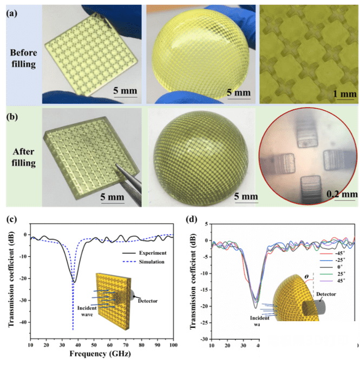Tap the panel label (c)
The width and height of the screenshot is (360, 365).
point(11,220)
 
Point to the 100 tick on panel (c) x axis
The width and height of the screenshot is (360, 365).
point(174,344)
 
